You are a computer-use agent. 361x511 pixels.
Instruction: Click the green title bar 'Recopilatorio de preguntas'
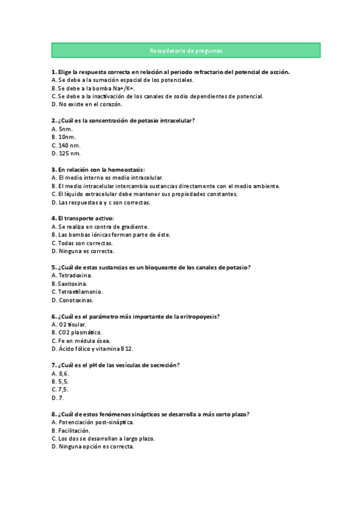click(x=186, y=51)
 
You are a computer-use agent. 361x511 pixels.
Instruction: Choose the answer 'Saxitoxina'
click(x=72, y=283)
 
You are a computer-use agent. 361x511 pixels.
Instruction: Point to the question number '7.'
click(x=54, y=365)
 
